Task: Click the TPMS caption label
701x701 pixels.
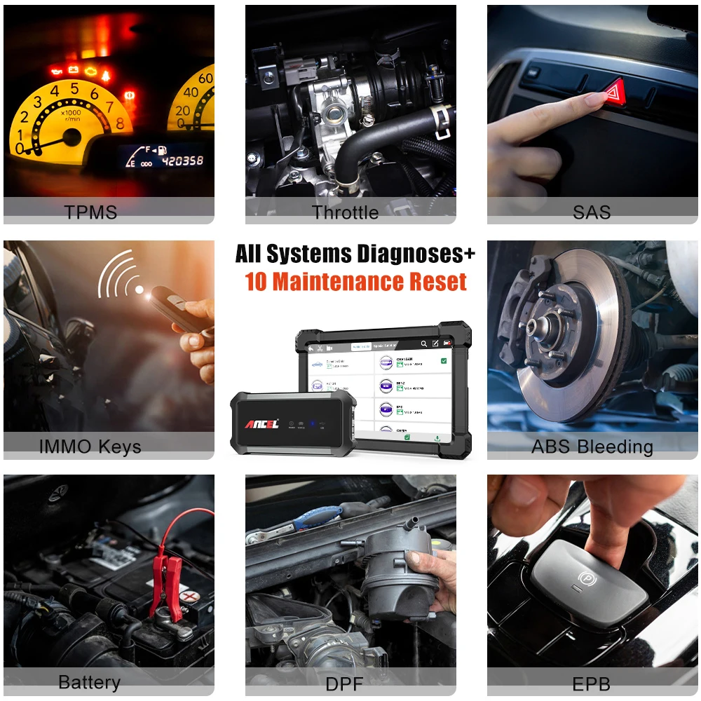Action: click(90, 212)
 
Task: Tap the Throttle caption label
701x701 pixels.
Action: click(345, 212)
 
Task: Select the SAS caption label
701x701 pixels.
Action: click(592, 212)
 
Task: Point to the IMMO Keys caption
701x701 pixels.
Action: click(90, 447)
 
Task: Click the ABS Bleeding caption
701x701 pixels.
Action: click(592, 447)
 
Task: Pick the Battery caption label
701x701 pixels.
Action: click(89, 682)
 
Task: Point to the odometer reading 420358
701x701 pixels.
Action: click(182, 161)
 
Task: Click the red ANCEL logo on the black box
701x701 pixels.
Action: click(261, 424)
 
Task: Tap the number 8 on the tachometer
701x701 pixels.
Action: click(119, 124)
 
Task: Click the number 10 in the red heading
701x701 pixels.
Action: click(257, 282)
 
